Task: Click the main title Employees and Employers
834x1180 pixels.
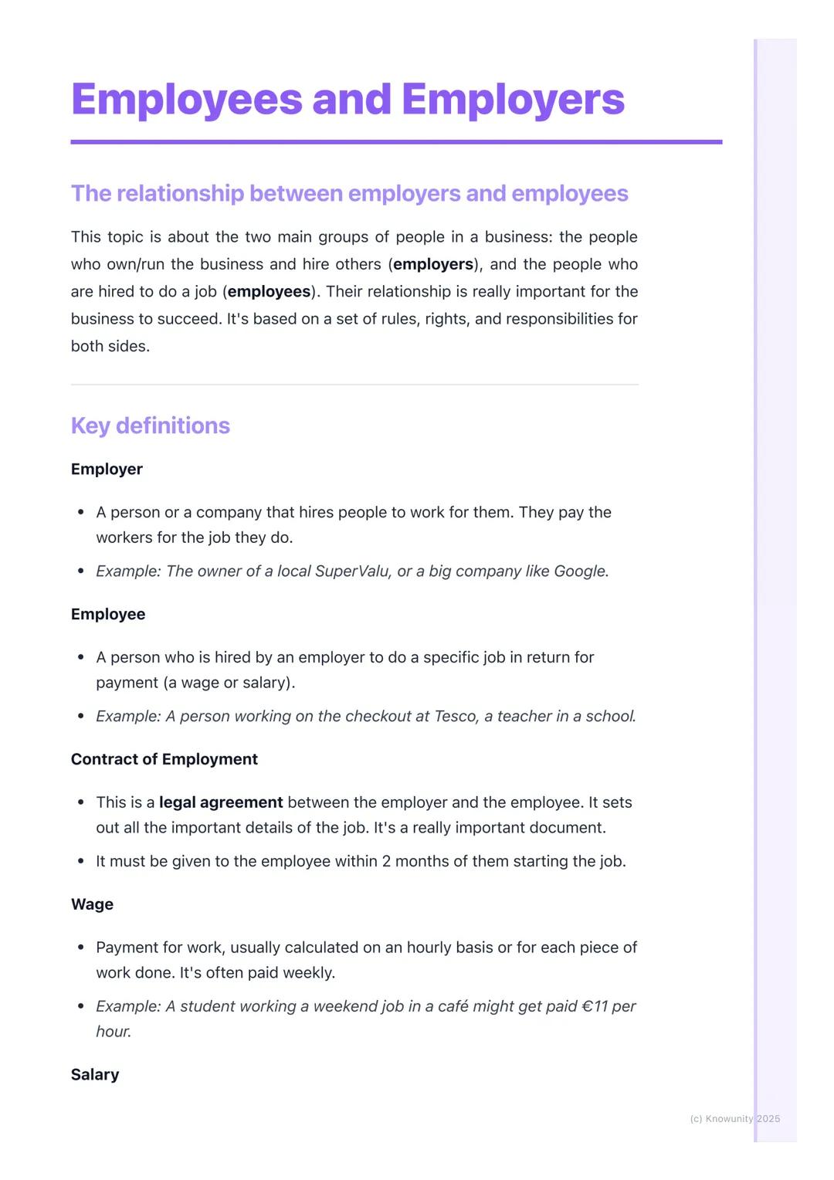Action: (x=347, y=100)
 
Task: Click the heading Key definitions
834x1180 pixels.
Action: (x=151, y=426)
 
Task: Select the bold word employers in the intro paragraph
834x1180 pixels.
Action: (x=433, y=264)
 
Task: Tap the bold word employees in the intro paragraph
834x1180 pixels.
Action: (x=269, y=291)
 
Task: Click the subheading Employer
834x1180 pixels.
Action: (x=107, y=469)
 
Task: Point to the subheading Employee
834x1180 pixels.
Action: (x=108, y=614)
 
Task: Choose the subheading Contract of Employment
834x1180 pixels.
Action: (x=164, y=759)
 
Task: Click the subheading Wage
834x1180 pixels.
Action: (x=92, y=904)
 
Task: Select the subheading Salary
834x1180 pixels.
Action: (x=95, y=1074)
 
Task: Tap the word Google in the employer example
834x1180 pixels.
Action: (x=579, y=571)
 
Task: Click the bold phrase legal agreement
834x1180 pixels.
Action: (x=221, y=802)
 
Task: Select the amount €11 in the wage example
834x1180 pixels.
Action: (x=595, y=1006)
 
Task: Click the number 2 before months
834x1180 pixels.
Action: (x=386, y=861)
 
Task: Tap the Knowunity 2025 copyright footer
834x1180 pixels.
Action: (x=734, y=1118)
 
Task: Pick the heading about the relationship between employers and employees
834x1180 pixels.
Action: (x=350, y=193)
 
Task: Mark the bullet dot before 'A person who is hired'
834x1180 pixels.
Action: (x=80, y=657)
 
